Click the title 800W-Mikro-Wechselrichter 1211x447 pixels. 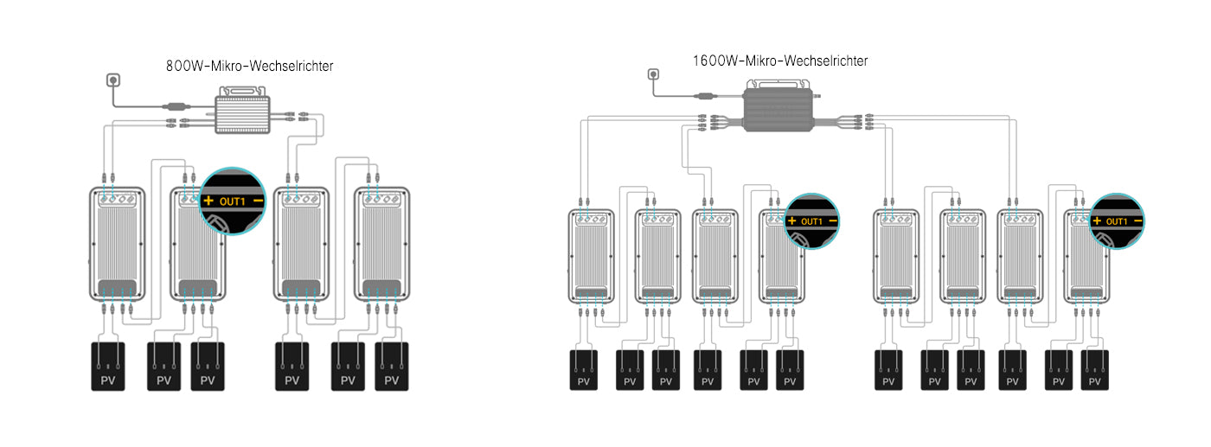pos(249,65)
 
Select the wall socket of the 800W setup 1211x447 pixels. pos(112,80)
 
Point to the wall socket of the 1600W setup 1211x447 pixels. pos(653,75)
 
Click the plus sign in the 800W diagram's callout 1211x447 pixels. pos(208,201)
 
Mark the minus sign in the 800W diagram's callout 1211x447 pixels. pos(258,201)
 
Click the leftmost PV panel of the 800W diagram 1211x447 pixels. pos(108,367)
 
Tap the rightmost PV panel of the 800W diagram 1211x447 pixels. pos(391,367)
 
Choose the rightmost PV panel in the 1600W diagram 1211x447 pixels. pos(1094,370)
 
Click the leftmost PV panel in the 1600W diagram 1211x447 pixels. pos(583,370)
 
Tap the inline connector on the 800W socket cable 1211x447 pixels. pos(179,108)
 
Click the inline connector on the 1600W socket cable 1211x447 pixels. pos(707,94)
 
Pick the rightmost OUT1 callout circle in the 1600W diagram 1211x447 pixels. pos(1116,220)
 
